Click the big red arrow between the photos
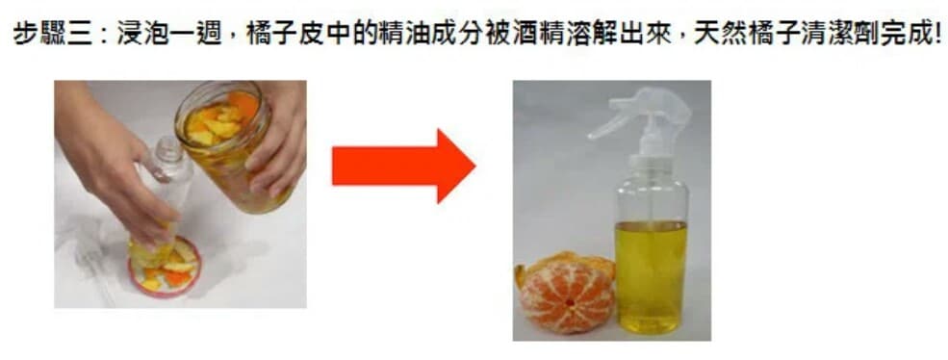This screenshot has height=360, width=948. pyautogui.click(x=403, y=166)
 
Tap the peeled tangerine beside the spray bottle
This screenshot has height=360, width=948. pyautogui.click(x=565, y=293)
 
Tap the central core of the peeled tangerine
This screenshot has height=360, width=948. pyautogui.click(x=568, y=301)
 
